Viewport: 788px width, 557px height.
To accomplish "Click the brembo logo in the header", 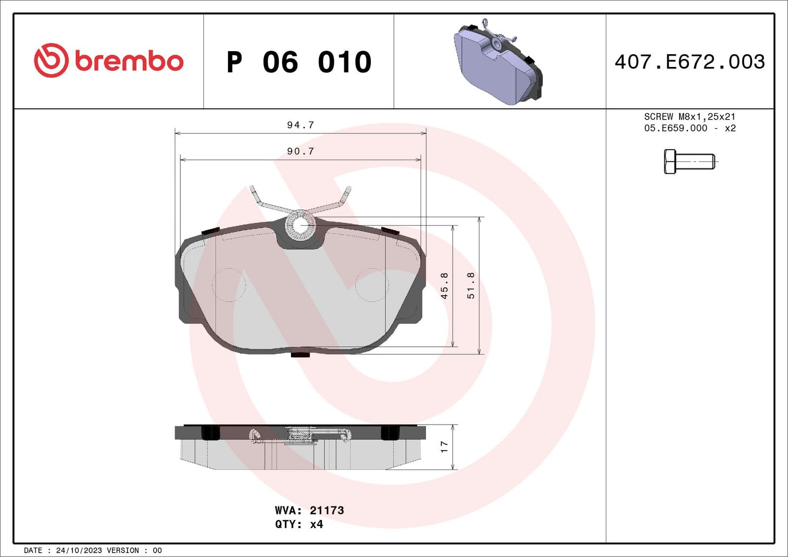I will [108, 61].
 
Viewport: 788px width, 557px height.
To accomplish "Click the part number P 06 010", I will [299, 62].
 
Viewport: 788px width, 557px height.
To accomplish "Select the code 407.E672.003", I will [689, 62].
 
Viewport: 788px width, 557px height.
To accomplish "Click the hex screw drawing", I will [689, 161].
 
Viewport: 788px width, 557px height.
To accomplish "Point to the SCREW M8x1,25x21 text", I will [689, 117].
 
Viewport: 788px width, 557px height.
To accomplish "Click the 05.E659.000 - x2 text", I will [689, 128].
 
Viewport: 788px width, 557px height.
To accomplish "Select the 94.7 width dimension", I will [300, 125].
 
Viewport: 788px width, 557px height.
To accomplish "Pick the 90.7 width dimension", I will [300, 152].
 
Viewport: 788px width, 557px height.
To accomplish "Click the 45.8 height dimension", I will [444, 286].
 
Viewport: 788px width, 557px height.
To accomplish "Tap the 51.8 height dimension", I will [471, 286].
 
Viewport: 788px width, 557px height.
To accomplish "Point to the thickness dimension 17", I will [444, 447].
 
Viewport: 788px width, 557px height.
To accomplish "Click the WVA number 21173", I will [327, 510].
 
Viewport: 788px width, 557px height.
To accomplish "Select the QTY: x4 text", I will [299, 525].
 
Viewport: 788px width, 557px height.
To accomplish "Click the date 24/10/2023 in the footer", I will [79, 551].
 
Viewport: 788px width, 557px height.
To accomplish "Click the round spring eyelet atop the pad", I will [300, 225].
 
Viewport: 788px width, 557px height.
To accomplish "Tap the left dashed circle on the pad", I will [229, 285].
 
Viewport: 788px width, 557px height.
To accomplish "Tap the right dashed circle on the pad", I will [372, 285].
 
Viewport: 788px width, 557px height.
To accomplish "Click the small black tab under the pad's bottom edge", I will [300, 354].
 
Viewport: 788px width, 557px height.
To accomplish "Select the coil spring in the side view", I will [300, 435].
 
